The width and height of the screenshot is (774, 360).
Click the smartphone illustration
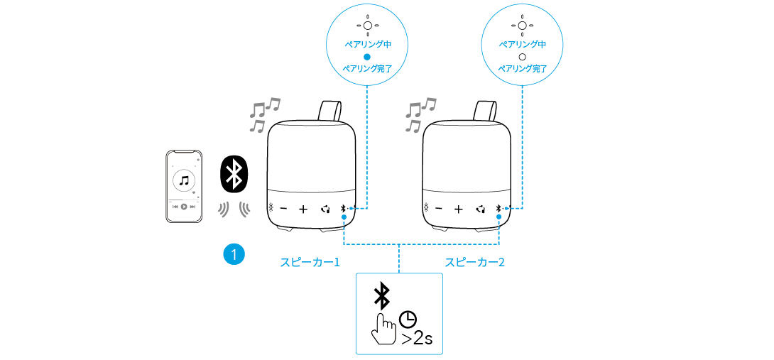(184, 186)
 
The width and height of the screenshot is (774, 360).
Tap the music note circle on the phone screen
(184, 180)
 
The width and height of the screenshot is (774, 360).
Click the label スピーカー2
(475, 263)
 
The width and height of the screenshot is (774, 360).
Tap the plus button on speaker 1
(303, 209)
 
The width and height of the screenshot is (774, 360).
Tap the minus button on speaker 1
(284, 209)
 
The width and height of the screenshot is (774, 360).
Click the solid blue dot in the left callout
(367, 56)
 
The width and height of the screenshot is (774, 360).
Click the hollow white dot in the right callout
(522, 56)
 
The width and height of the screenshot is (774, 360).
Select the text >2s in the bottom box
(417, 337)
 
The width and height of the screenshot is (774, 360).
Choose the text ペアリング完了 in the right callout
(522, 68)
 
